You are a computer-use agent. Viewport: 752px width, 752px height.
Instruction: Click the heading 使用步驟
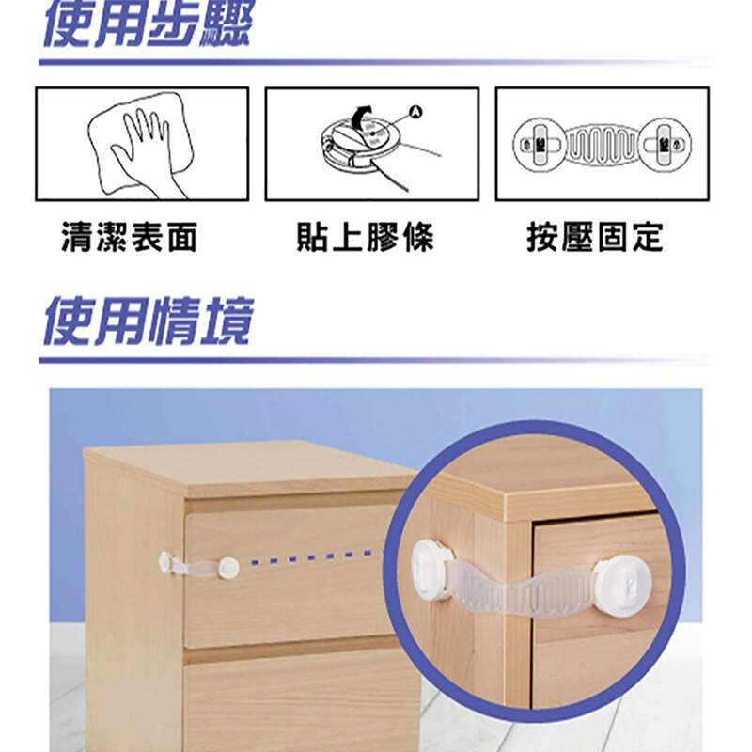click(148, 24)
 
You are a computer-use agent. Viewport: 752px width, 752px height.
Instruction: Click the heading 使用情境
click(149, 321)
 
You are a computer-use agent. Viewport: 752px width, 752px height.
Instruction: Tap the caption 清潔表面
click(130, 237)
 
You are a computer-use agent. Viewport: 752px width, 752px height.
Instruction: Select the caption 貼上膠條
click(366, 237)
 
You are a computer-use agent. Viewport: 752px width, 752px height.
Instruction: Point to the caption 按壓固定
click(595, 237)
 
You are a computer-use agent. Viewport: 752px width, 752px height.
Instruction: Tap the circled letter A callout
click(415, 113)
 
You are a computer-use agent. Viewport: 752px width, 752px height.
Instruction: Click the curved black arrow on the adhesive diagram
click(361, 117)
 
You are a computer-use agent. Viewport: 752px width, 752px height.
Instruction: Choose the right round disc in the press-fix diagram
click(665, 144)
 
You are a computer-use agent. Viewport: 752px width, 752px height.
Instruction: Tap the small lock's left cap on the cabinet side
click(164, 562)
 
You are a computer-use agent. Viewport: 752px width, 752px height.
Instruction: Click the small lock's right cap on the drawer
click(228, 568)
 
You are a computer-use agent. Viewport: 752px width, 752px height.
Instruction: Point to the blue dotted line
click(312, 556)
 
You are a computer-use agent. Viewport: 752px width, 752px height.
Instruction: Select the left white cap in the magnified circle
click(430, 570)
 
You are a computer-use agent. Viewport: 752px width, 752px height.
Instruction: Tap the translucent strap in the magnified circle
click(523, 591)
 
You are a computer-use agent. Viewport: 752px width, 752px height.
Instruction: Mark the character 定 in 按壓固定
click(648, 237)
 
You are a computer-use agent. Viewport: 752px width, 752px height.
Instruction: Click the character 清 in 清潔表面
click(77, 237)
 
